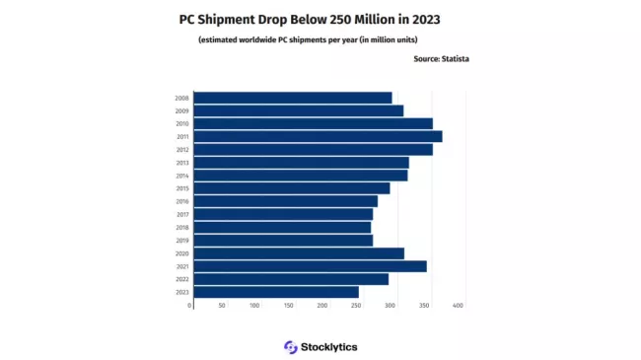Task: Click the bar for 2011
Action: point(318,136)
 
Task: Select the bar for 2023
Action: point(276,292)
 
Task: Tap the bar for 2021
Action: point(310,266)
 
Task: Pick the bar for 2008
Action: point(293,98)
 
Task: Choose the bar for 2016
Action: point(285,201)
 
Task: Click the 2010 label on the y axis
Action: point(181,124)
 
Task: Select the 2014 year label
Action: point(181,176)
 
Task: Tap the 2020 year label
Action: point(181,253)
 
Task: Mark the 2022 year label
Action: point(181,279)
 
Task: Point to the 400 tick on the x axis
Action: point(458,306)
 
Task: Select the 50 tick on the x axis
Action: point(222,306)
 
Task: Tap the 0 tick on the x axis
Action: point(190,306)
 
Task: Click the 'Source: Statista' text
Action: point(441,59)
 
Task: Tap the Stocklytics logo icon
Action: point(290,347)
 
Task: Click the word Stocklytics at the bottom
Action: point(329,347)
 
